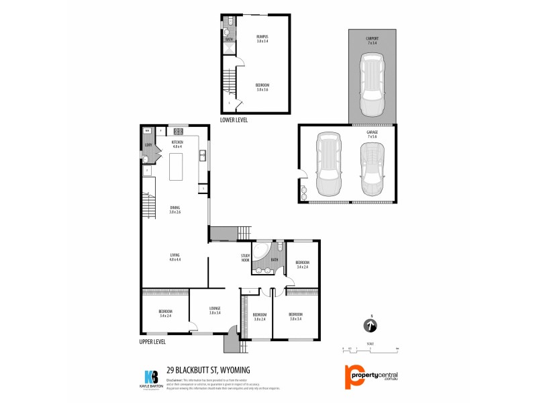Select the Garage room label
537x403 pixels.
371,134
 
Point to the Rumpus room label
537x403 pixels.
262,38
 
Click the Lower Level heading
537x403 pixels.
234,120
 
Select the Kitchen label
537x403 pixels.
177,144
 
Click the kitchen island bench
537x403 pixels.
177,167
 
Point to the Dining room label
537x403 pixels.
175,210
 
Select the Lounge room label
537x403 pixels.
215,312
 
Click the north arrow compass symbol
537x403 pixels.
370,326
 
